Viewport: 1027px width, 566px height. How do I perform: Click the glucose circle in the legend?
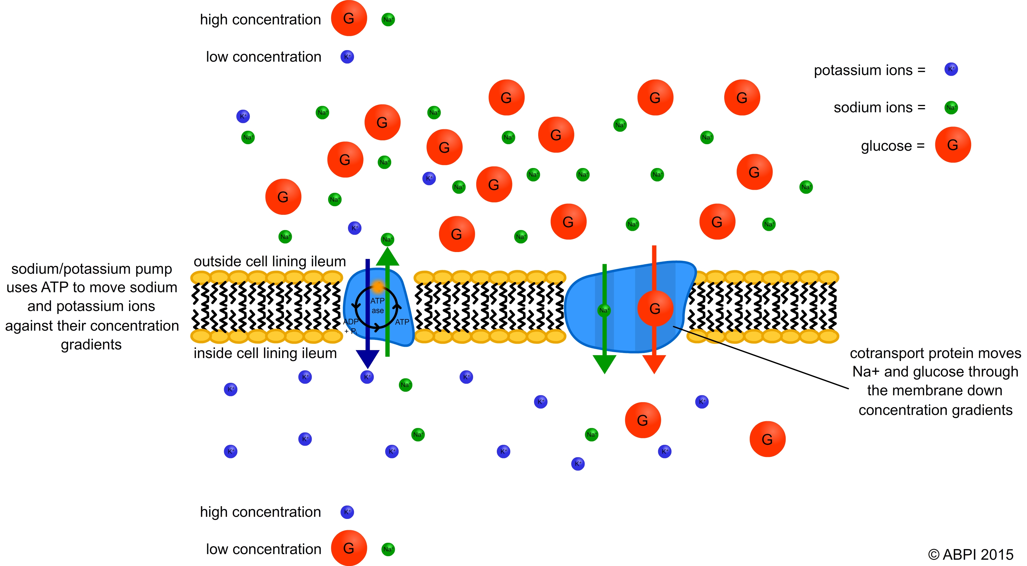953,145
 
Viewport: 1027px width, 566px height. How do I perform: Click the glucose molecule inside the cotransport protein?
655,308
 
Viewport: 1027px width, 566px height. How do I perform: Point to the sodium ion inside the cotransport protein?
604,310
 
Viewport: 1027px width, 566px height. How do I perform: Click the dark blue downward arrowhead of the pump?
367,359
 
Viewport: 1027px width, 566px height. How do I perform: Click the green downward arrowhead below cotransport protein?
604,363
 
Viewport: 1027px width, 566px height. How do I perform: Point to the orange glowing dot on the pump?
377,286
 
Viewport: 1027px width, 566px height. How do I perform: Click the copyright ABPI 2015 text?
970,554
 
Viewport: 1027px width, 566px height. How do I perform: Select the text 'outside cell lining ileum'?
269,261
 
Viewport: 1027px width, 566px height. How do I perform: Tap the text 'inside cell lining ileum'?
265,353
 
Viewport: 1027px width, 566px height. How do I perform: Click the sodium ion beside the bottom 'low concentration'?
388,549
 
